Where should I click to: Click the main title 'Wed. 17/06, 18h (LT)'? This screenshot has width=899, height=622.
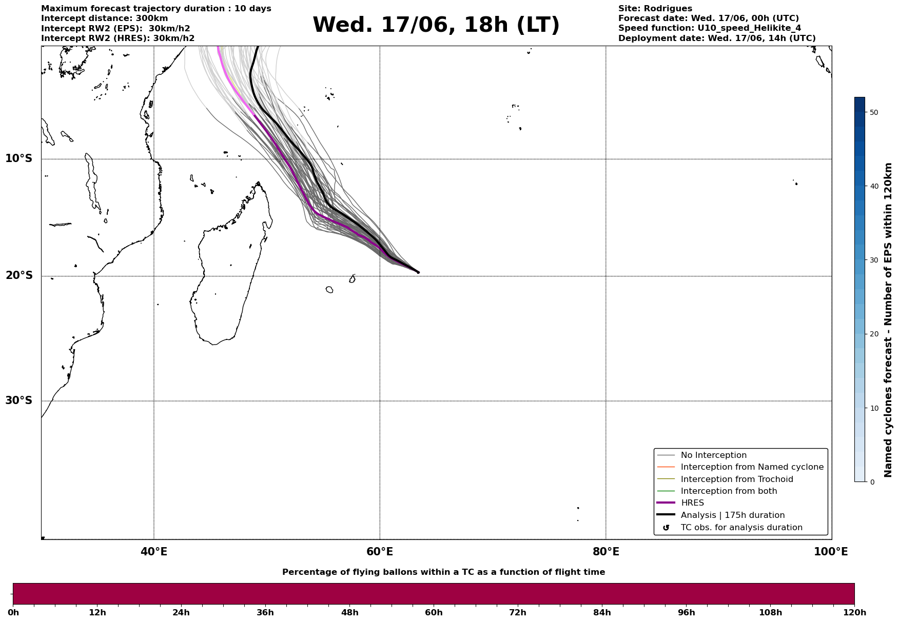pos(436,25)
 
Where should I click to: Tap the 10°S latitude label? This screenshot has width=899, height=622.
pos(19,158)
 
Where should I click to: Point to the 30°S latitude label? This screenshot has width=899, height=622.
pos(19,400)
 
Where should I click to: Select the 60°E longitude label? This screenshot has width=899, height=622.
pos(380,552)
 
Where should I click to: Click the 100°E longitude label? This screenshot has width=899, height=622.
pos(831,552)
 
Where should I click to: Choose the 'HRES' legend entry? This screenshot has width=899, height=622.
pos(692,503)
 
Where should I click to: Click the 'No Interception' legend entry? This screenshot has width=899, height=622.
pos(713,455)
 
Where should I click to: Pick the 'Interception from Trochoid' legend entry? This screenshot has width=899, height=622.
pos(737,479)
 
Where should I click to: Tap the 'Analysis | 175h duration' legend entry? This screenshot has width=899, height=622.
pos(733,515)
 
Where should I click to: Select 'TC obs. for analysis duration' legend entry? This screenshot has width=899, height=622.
pos(741,528)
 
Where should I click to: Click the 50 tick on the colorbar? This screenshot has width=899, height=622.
pos(874,112)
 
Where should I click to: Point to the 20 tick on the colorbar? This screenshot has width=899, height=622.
pos(874,334)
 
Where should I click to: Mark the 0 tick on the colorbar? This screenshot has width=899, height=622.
pos(872,482)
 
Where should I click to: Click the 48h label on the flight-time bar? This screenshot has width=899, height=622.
pos(349,612)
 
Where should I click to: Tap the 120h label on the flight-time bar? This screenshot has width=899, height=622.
pos(854,612)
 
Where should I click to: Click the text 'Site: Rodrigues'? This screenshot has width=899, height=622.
pos(655,9)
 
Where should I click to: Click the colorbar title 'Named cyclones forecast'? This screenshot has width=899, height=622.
pos(888,400)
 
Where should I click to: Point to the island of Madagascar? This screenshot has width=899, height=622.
pos(231,267)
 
